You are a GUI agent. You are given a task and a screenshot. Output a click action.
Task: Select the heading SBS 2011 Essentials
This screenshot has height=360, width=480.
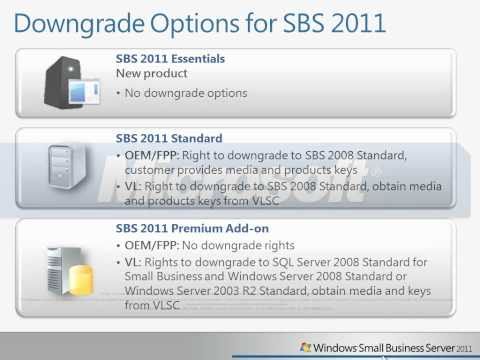click(x=170, y=59)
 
